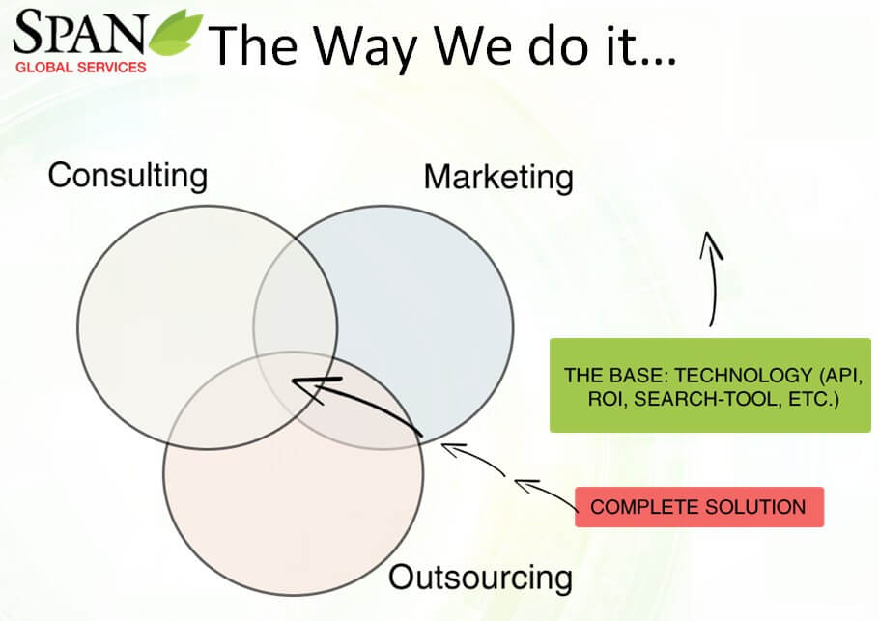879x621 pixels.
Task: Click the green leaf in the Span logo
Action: [x=176, y=33]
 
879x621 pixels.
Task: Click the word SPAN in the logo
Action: [x=80, y=32]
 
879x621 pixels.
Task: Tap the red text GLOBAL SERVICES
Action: [x=81, y=68]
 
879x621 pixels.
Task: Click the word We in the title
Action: [x=472, y=46]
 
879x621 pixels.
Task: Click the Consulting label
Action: [x=128, y=176]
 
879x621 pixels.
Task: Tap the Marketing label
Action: [x=498, y=178]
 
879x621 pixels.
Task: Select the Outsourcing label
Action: [x=480, y=578]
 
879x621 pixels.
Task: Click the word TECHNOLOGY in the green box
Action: [x=744, y=375]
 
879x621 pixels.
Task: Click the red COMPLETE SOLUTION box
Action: [x=699, y=507]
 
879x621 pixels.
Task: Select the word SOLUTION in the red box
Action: [x=755, y=507]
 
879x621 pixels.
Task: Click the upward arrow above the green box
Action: [x=714, y=277]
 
